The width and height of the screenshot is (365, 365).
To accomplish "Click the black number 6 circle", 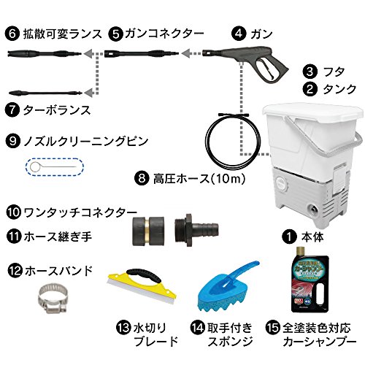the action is click(x=12, y=34).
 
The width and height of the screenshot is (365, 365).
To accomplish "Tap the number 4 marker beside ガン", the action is click(x=239, y=34).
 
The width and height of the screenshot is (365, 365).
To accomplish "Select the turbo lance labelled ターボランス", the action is click(x=45, y=93).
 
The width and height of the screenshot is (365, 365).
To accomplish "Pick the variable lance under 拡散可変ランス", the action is click(x=45, y=53).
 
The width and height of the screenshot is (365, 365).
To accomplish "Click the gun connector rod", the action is click(x=142, y=53).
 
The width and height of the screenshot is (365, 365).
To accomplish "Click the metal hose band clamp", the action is click(x=53, y=299).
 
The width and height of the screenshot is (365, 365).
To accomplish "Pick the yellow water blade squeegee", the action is click(x=142, y=287).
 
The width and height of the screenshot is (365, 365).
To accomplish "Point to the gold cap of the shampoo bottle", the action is click(x=301, y=252).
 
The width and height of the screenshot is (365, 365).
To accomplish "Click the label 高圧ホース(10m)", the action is click(x=199, y=179).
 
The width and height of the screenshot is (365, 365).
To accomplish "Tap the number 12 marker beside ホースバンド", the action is click(x=15, y=271).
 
